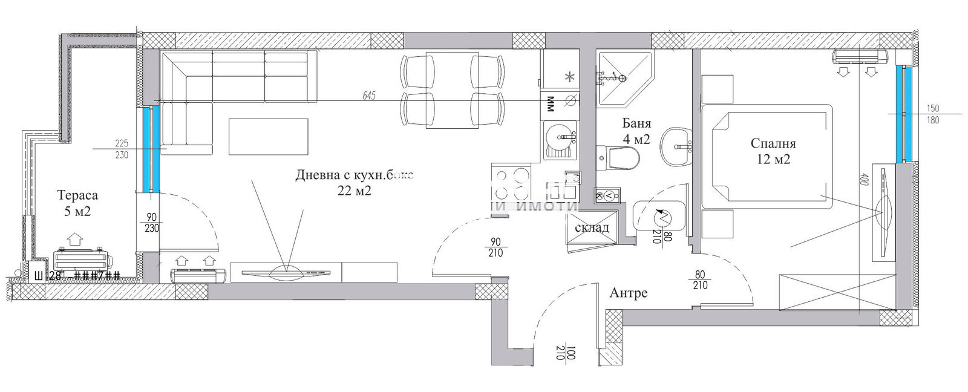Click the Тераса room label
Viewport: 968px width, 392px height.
(x=77, y=196)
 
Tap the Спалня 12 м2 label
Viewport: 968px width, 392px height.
(x=773, y=151)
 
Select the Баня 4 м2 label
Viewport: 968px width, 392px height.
(x=636, y=131)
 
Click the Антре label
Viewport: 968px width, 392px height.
(x=628, y=293)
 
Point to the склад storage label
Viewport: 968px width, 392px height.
(x=591, y=228)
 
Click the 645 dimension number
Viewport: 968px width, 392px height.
(x=369, y=95)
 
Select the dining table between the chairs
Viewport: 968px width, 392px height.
(x=448, y=90)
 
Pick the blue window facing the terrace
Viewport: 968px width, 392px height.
(x=150, y=148)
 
